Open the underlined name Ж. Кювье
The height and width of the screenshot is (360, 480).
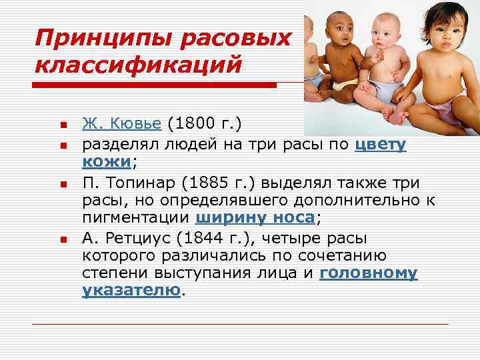pos(122,124)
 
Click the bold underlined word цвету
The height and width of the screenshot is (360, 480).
pos(381,144)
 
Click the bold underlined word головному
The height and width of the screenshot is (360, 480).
pos(369,273)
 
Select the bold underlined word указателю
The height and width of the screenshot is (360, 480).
pos(131,291)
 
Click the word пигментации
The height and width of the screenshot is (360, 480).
pos(137,218)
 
